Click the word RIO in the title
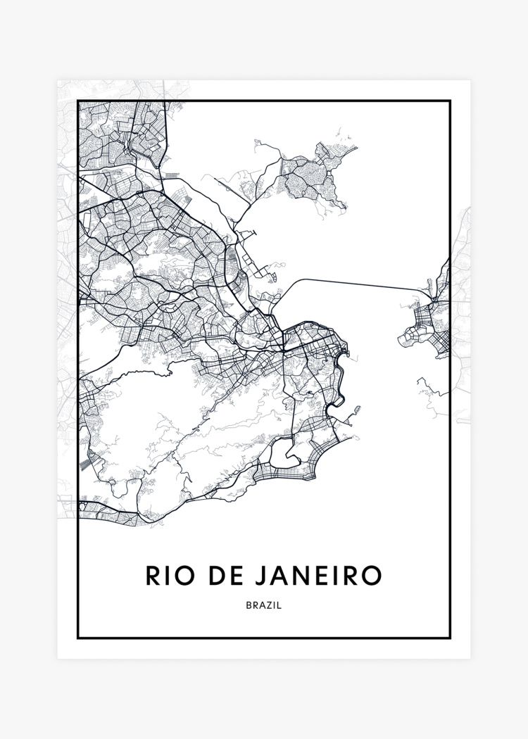[168, 575]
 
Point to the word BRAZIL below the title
[264, 605]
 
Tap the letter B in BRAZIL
[249, 605]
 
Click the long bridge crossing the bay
[352, 283]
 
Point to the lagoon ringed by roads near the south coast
[286, 450]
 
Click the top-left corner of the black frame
[77, 101]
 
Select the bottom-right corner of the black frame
[450, 638]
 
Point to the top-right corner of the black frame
[450, 101]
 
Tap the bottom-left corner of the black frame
[77, 638]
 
